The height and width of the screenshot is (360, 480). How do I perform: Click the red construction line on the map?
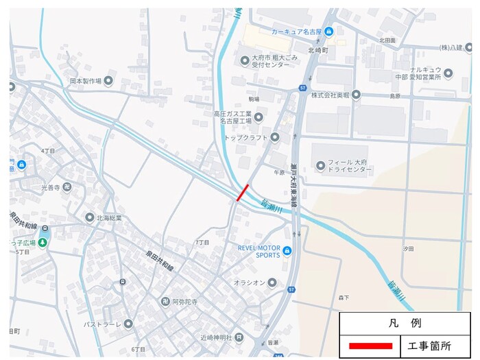pos(243,193)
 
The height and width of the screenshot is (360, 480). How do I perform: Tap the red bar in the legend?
pos(370,346)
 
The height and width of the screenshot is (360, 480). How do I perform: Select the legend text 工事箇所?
pos(429,346)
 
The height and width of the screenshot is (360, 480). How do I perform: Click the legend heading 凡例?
pos(405,322)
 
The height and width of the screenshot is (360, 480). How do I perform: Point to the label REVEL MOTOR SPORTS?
pos(259,251)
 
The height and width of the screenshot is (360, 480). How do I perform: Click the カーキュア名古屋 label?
pos(296,31)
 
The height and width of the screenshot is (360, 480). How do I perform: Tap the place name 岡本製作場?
pos(85,81)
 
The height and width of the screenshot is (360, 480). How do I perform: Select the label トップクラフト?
pos(246,138)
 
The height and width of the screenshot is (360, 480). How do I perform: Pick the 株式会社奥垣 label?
pos(330,95)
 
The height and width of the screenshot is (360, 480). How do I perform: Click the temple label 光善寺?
pos(51,187)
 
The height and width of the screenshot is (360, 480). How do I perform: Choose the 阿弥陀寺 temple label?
pos(184,301)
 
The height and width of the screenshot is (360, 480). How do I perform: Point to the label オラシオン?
pos(250,283)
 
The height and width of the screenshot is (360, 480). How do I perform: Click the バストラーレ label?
pos(102,324)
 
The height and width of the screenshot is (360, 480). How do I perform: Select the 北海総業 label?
pos(108,218)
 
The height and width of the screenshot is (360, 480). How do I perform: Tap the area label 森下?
pos(344,298)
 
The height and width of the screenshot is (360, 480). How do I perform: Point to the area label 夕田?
pos(409,248)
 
